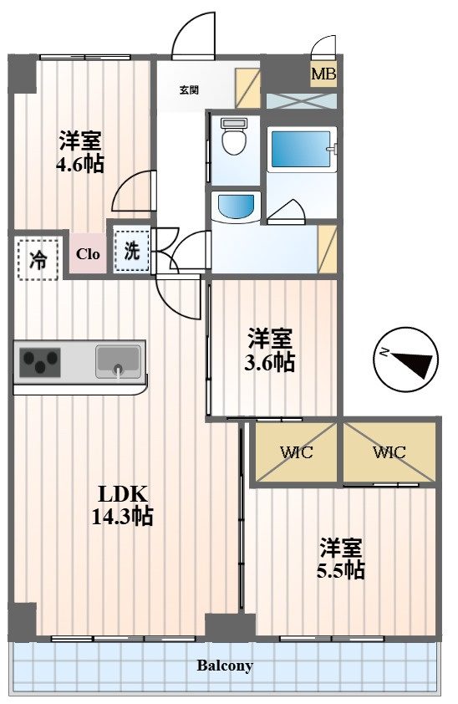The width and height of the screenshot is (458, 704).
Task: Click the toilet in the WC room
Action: (235, 136)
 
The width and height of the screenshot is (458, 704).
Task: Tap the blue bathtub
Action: (298, 148)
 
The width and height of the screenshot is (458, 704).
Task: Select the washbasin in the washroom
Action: (235, 207)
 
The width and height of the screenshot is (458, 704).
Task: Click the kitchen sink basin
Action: (119, 361)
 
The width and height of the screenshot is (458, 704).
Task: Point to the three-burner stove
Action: (40, 363)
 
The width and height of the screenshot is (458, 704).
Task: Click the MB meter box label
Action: (323, 74)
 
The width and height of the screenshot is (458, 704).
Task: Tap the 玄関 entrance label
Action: (189, 90)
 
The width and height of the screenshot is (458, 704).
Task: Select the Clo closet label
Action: (88, 254)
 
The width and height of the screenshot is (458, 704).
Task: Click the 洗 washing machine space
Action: (131, 251)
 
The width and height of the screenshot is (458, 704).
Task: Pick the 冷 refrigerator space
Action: (38, 260)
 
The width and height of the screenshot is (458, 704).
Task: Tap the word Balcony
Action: (225, 666)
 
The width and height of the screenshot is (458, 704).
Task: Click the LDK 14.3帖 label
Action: (123, 505)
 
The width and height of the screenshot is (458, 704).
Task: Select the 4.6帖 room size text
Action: (80, 165)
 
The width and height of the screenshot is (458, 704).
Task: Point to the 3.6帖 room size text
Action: (270, 362)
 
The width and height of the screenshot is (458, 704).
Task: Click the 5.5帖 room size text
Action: (340, 570)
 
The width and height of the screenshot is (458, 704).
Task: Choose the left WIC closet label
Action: (297, 451)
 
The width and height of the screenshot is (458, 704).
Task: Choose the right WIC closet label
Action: (389, 451)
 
